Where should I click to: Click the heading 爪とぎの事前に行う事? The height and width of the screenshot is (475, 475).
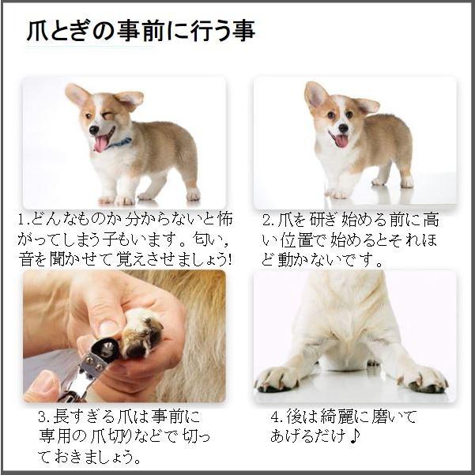[x=141, y=31]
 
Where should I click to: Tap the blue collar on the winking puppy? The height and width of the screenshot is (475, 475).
[x=121, y=143]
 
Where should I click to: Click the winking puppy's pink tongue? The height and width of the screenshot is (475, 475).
[x=101, y=143]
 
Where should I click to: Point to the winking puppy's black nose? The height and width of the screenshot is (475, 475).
[x=93, y=130]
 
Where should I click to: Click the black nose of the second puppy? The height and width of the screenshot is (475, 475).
[x=343, y=128]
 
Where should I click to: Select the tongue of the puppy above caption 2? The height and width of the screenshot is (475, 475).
[x=341, y=141]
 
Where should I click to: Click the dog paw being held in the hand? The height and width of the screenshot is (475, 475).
[x=141, y=334]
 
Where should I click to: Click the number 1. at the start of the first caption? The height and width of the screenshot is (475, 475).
[x=24, y=219]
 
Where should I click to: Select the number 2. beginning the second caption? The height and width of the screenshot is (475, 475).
[x=268, y=221]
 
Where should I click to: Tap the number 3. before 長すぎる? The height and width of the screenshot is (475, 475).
[x=45, y=417]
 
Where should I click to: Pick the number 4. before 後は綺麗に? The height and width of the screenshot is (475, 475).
[x=277, y=417]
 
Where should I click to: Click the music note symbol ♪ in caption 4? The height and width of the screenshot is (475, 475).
[x=354, y=436]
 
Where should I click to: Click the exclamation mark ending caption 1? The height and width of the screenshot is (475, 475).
[x=229, y=259]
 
